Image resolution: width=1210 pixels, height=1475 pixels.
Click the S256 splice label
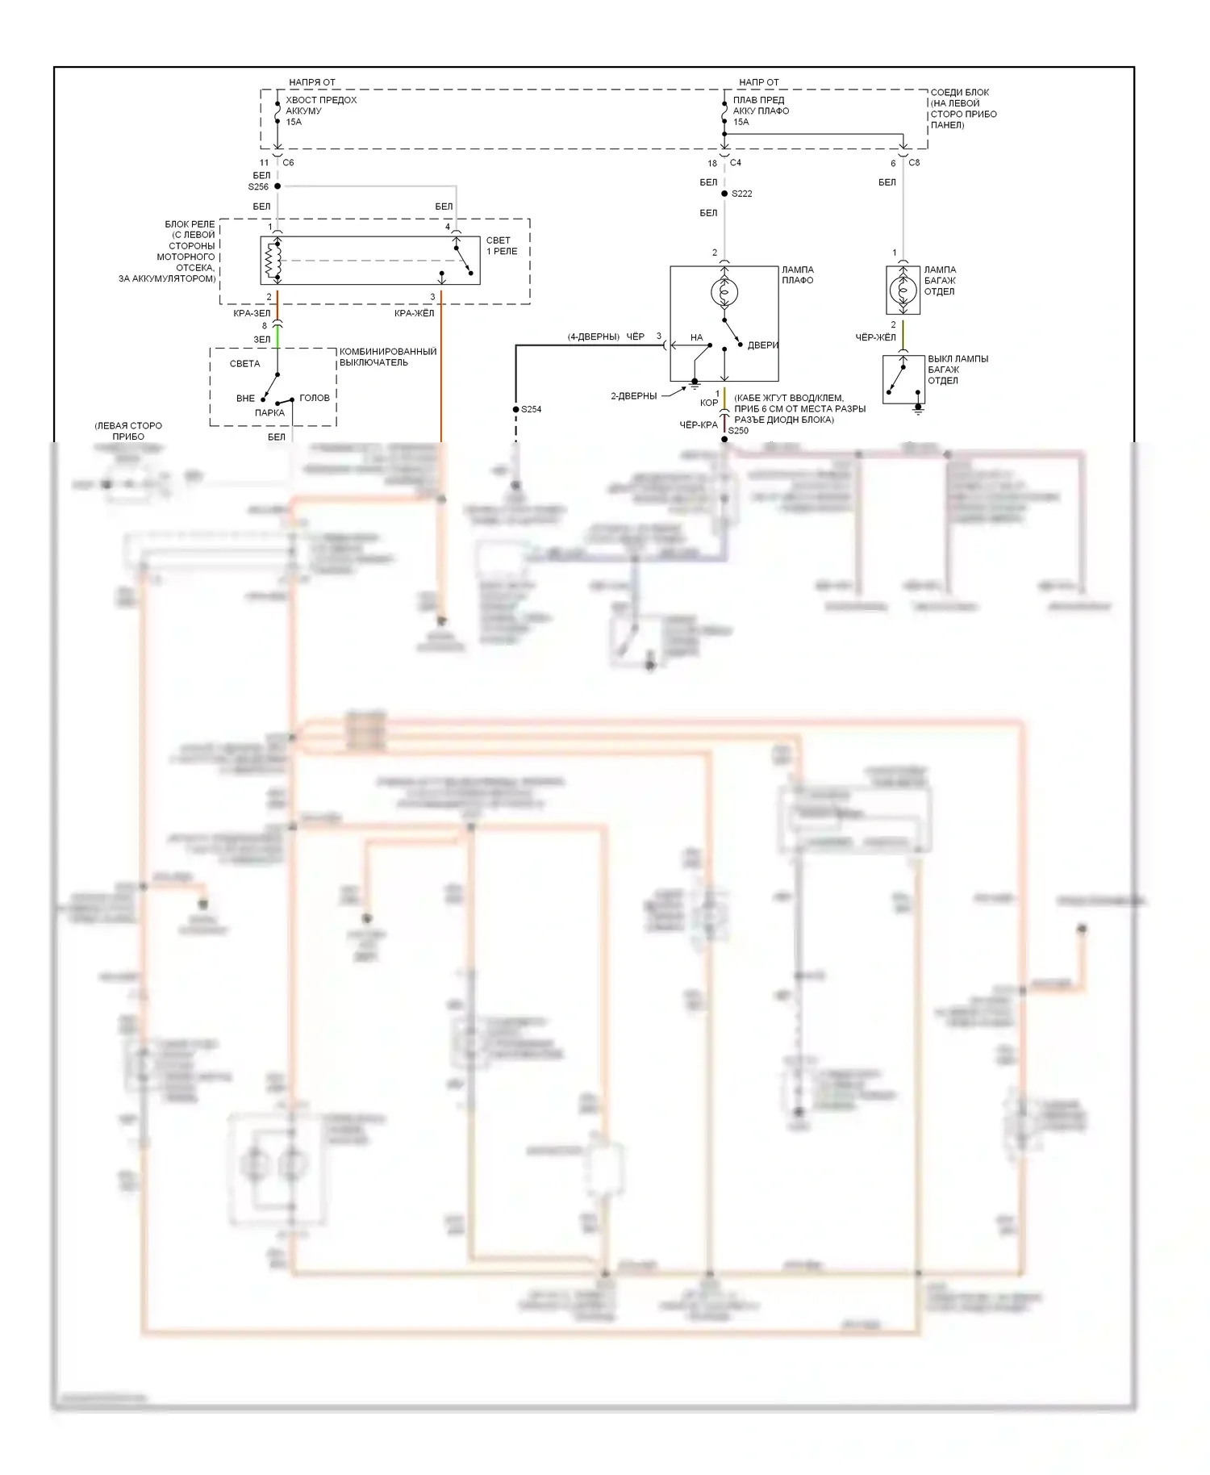tap(258, 187)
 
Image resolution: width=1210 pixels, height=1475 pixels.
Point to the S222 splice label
tap(741, 194)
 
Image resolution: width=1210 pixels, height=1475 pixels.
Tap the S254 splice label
tap(531, 409)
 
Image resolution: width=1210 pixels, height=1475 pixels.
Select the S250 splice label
tap(738, 431)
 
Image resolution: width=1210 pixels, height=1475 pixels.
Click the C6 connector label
tap(288, 163)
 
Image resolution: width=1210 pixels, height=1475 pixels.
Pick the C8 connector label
tap(914, 163)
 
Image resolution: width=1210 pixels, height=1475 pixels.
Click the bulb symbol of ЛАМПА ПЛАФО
tap(724, 292)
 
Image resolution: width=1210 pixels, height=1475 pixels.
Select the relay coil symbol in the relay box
tap(271, 261)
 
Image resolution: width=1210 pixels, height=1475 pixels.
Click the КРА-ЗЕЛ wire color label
tap(252, 314)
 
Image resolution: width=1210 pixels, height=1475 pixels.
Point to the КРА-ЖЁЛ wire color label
tap(414, 314)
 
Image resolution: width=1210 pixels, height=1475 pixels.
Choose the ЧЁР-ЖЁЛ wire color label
tap(875, 337)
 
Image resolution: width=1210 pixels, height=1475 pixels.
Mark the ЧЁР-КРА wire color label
tap(698, 424)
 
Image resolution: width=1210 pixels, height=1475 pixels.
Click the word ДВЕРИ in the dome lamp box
tap(762, 345)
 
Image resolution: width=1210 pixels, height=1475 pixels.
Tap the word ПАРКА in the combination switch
tap(269, 412)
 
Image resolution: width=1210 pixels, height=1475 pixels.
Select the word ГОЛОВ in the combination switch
tap(314, 398)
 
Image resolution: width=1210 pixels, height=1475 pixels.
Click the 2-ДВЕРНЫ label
tap(633, 396)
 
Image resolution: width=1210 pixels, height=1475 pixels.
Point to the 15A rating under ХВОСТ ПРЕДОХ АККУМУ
tap(294, 122)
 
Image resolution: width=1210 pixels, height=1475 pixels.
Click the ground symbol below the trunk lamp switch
tap(917, 409)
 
